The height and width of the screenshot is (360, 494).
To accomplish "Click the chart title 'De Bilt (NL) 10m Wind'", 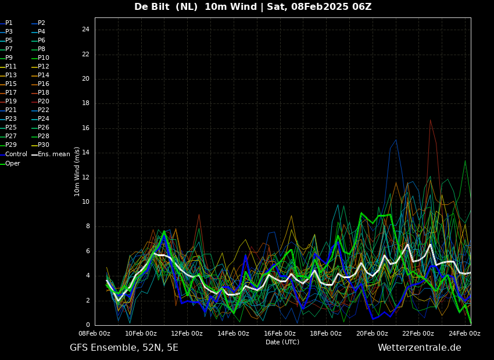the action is (195, 6).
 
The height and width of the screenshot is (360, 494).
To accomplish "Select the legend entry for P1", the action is (6, 23).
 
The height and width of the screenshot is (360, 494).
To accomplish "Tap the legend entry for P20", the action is (40, 102).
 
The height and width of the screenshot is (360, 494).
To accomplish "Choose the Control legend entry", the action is (13, 154).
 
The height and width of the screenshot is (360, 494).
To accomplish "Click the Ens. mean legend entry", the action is (51, 154).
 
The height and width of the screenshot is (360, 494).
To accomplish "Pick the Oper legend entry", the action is (10, 163).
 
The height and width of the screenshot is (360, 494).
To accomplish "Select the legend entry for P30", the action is (40, 145).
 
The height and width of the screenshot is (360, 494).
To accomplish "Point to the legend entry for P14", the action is (40, 75).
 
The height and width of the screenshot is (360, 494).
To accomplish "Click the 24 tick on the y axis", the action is (85, 30).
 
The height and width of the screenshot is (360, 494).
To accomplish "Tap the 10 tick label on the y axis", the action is (85, 202).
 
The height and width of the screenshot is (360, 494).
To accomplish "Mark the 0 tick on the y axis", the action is (88, 325).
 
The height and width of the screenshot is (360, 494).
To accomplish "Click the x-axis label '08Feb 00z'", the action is (95, 333).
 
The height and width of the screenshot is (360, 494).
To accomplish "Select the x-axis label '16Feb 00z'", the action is (280, 333).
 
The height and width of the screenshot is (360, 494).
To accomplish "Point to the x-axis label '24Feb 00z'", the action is (465, 333).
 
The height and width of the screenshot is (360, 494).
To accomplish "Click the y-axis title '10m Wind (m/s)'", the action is (77, 171).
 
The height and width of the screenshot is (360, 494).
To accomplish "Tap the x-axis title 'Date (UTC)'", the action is (282, 342).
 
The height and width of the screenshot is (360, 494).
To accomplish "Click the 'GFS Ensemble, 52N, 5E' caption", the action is (124, 348).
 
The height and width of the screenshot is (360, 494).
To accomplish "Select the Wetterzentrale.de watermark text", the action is (420, 348).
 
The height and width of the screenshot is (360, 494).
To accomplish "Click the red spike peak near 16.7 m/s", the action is (430, 120).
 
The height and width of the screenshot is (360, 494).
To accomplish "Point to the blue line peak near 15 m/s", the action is (396, 140).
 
